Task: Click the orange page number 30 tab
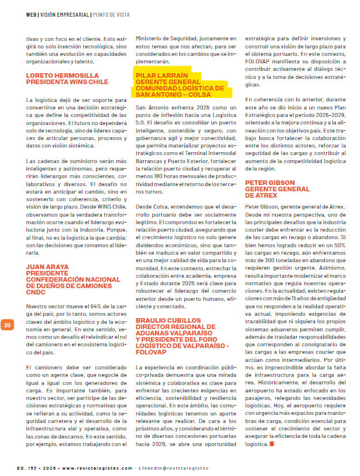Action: tap(7, 325)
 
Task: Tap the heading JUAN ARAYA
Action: tap(46, 267)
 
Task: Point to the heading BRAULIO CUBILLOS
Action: tap(168, 320)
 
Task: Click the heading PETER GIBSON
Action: tap(270, 182)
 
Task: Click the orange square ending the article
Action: tap(272, 444)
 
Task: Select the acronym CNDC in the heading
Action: tap(36, 292)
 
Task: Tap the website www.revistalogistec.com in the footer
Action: tap(97, 467)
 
